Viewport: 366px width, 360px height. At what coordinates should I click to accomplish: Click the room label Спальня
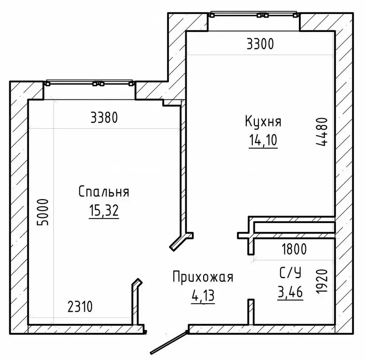104,191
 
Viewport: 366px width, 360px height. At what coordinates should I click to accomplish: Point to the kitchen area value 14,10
263,141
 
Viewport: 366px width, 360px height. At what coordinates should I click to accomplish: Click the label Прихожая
202,277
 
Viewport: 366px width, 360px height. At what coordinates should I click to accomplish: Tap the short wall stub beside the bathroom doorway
251,311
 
